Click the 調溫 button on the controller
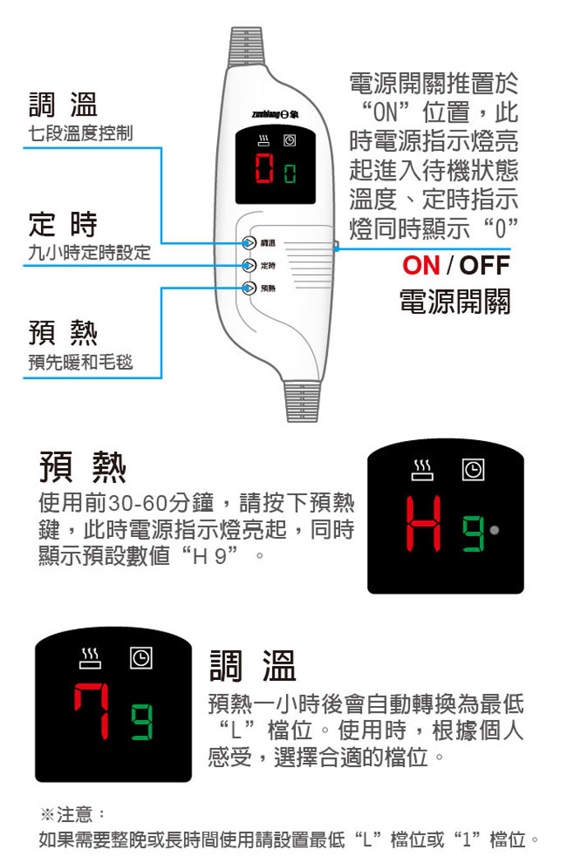tap(249, 243)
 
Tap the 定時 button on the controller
tap(249, 265)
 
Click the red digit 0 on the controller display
tap(265, 168)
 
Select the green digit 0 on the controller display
tap(290, 173)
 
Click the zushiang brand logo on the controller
tap(275, 114)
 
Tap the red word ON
tap(422, 265)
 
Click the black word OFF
tap(485, 265)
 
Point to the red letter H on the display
tap(424, 523)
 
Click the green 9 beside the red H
tap(473, 533)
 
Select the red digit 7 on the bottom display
tap(91, 710)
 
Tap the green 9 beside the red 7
tap(141, 721)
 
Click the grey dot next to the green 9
tap(494, 530)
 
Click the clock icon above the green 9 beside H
tap(472, 470)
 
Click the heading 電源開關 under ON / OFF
tap(455, 301)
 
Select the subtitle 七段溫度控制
tap(81, 133)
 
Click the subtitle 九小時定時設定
tap(90, 253)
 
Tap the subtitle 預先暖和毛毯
tap(81, 361)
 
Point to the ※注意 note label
tap(71, 814)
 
